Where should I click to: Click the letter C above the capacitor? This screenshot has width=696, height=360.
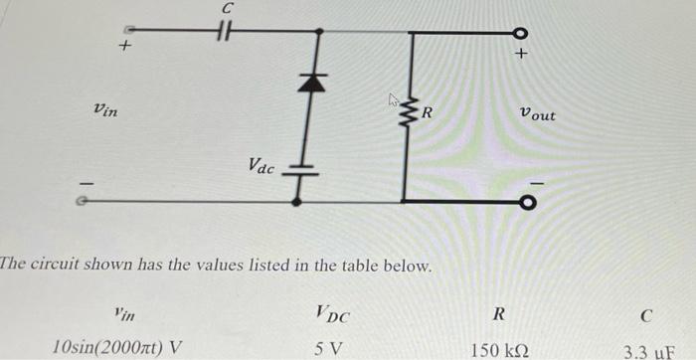(x=227, y=8)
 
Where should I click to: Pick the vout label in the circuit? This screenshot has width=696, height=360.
(x=538, y=115)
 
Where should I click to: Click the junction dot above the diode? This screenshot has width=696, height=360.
(x=318, y=32)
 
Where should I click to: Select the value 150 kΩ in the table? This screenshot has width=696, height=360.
(x=500, y=349)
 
